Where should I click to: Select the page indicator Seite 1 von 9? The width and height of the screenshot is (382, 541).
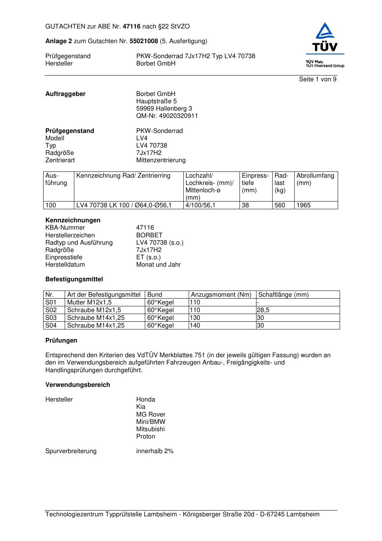pyautogui.click(x=317, y=79)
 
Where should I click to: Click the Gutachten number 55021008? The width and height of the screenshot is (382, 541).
pyautogui.click(x=144, y=41)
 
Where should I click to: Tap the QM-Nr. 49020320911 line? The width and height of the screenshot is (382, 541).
pyautogui.click(x=167, y=116)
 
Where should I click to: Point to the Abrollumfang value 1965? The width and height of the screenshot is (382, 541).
pyautogui.click(x=303, y=205)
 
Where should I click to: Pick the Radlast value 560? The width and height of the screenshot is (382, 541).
pyautogui.click(x=280, y=205)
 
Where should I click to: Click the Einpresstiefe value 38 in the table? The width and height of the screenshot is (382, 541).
pyautogui.click(x=245, y=205)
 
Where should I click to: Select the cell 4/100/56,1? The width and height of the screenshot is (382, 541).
pyautogui.click(x=200, y=205)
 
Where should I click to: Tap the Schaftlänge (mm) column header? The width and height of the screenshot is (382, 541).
pyautogui.click(x=283, y=295)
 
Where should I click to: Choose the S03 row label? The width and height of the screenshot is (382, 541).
pyautogui.click(x=51, y=318)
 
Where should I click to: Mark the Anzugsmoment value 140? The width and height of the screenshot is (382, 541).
pyautogui.click(x=195, y=326)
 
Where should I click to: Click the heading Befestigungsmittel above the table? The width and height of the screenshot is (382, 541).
pyautogui.click(x=74, y=279)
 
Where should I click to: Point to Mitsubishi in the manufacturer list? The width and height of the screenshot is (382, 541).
pyautogui.click(x=150, y=429)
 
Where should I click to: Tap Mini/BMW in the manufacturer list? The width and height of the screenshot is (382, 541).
pyautogui.click(x=151, y=422)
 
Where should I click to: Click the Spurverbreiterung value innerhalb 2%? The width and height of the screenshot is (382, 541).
pyautogui.click(x=155, y=451)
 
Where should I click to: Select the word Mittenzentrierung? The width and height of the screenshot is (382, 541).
pyautogui.click(x=161, y=160)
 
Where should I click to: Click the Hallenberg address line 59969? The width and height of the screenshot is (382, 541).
pyautogui.click(x=164, y=109)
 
